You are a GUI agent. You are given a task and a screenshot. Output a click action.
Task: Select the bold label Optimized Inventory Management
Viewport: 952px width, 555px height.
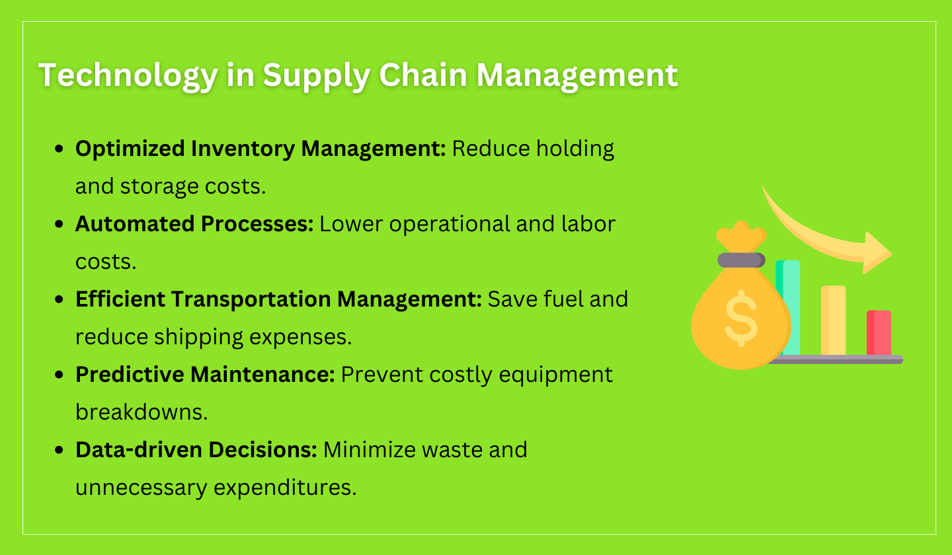click(260, 149)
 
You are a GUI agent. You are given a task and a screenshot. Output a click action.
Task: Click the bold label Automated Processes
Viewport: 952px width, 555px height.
click(194, 224)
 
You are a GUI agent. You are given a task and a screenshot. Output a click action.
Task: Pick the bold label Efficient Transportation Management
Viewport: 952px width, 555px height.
click(278, 299)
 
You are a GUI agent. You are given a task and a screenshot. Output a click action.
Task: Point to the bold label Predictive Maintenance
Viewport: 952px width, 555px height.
click(205, 375)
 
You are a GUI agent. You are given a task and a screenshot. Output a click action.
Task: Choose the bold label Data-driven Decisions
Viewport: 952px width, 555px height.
click(196, 450)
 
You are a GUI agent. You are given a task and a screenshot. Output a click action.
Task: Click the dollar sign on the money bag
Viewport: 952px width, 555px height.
click(740, 320)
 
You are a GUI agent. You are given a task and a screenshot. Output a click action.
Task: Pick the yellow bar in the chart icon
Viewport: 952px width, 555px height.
click(833, 320)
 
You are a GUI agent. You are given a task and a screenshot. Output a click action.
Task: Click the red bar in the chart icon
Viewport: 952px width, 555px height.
click(879, 333)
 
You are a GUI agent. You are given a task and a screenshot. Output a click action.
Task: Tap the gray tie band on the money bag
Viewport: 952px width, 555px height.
click(741, 260)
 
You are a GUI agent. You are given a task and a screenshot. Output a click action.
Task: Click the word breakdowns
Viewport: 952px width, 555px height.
click(141, 412)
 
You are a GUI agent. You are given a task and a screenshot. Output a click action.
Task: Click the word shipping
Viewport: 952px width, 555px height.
click(200, 337)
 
